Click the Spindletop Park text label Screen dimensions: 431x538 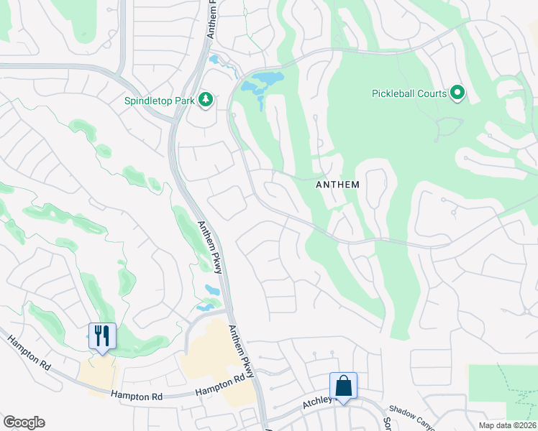pos(160,101)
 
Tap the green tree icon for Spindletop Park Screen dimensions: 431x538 pos(206,99)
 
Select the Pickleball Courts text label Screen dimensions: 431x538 pos(409,93)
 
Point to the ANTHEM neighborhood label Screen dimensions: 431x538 pos(337,185)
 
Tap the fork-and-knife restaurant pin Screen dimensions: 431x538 pos(101,335)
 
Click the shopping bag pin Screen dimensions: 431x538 pos(343,386)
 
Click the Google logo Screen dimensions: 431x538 pos(24,422)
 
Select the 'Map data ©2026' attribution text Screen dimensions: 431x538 pos(508,425)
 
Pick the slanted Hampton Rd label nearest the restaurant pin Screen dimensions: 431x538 pos(29,355)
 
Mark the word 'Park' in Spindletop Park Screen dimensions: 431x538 pos(185,101)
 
